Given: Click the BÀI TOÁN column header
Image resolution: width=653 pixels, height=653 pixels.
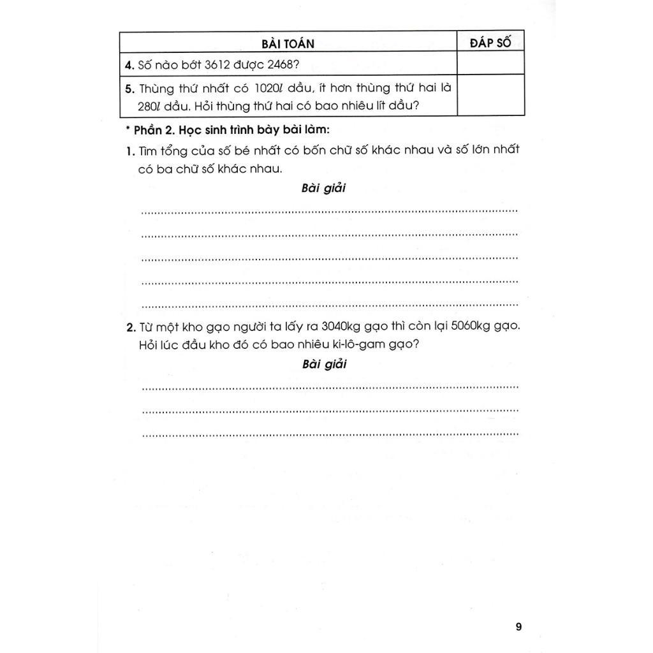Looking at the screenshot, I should [288, 43].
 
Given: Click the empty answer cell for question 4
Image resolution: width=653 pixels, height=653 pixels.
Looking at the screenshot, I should [490, 64].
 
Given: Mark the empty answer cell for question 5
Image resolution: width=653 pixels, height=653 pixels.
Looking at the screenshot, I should [490, 96].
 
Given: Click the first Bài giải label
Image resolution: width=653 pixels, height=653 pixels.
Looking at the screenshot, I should [323, 189].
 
